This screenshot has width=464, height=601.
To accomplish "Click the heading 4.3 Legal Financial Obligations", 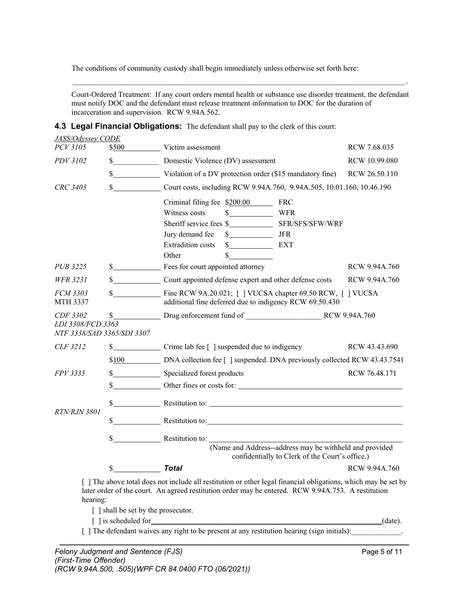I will tap(118, 127).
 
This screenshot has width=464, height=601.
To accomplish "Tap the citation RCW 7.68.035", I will tap(371, 148).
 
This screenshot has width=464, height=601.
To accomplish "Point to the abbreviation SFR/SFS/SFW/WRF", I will tap(310, 224).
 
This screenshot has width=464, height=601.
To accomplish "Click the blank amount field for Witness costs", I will tap(251, 213).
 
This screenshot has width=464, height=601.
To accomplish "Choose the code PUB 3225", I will tap(70, 267).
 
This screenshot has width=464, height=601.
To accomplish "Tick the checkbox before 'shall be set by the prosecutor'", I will tap(96, 511).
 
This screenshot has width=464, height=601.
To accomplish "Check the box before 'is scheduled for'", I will tap(96, 521).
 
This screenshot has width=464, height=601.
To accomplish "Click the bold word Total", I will tap(173, 469).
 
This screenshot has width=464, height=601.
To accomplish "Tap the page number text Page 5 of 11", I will tap(382, 552).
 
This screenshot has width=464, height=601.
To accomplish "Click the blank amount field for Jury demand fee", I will tap(251, 235).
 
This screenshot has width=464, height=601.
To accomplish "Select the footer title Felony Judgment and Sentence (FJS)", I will tap(119, 552).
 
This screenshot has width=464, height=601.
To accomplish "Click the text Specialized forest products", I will tap(204, 374).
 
